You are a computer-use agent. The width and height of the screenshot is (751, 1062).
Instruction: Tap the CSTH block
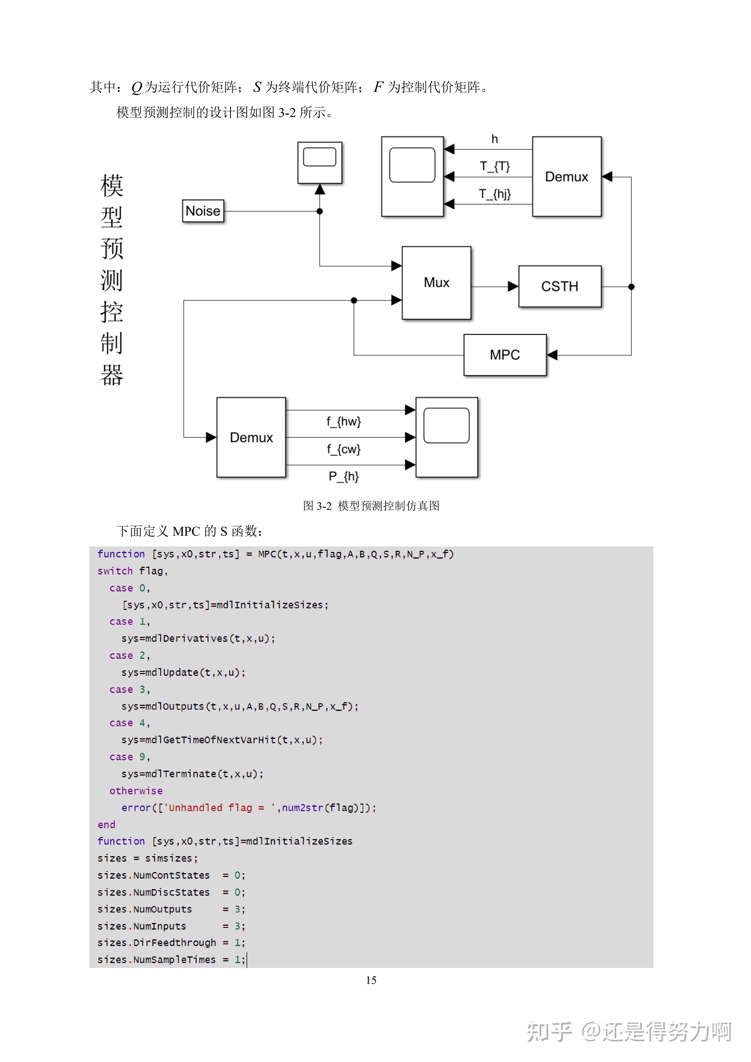560,286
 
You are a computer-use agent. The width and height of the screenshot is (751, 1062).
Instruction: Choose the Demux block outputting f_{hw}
251,437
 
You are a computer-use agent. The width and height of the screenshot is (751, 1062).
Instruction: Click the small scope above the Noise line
320,163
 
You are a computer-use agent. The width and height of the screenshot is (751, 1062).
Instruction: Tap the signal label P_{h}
344,476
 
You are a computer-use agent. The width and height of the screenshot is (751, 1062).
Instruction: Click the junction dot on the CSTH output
631,287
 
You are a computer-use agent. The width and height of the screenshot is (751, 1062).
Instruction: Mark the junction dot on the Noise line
320,211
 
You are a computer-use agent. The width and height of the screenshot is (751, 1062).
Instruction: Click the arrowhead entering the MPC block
552,355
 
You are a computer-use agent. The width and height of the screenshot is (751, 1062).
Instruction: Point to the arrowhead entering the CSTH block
513,287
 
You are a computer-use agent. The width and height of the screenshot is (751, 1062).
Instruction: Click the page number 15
371,980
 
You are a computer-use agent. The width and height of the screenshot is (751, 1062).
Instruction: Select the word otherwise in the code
136,791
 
